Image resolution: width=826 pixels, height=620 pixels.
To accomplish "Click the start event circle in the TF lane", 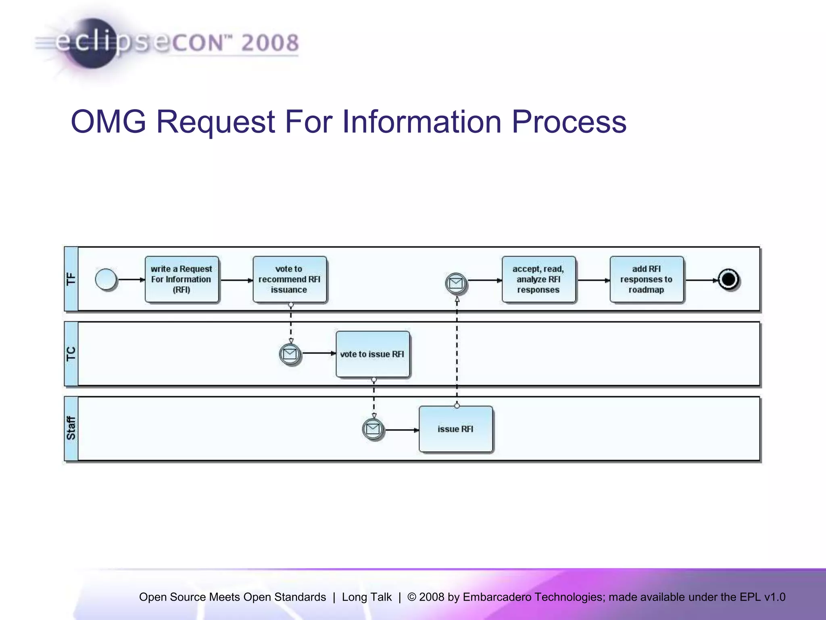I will [106, 279].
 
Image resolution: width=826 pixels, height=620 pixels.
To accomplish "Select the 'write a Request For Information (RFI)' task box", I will [181, 279].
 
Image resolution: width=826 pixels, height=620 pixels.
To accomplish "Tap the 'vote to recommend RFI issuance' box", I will [289, 279].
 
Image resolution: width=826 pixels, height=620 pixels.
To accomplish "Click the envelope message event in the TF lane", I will [456, 283].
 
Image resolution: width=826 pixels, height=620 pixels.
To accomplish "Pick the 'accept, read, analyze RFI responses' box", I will [538, 279].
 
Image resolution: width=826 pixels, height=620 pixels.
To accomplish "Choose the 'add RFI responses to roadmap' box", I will [646, 279].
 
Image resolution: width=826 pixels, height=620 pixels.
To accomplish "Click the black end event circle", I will [728, 279].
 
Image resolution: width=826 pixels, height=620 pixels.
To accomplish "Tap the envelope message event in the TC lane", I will [290, 354].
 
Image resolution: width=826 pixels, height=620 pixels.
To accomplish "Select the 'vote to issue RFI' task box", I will [372, 354].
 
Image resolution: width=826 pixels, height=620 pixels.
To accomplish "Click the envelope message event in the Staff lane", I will [373, 429].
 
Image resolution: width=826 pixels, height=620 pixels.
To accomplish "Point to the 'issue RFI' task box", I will [456, 429].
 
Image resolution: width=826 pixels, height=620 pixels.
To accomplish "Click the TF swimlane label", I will [71, 279].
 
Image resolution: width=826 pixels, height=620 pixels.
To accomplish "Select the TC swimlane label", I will [71, 354].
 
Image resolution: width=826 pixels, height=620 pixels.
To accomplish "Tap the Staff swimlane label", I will [71, 428].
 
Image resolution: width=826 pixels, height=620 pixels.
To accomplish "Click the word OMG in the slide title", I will [108, 121].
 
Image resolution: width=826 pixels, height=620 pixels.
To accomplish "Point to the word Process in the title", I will [569, 121].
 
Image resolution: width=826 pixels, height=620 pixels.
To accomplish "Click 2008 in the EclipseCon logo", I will [270, 43].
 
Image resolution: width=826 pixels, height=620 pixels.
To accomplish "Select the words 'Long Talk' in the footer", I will [367, 597].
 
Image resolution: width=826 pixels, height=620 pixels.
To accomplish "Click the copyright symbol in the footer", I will [411, 597].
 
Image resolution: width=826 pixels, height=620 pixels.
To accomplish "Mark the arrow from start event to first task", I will [131, 279].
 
